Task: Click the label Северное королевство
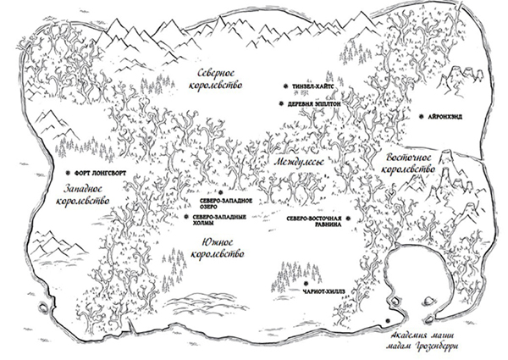[219, 79]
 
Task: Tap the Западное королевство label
[83, 195]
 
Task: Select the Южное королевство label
[218, 248]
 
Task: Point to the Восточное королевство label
[408, 163]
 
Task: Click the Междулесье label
[298, 162]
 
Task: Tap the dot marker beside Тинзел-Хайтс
[285, 86]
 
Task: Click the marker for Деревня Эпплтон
[281, 103]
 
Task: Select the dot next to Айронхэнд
[421, 117]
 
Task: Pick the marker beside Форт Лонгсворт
[68, 173]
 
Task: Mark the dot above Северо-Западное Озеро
[221, 192]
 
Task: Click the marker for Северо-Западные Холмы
[186, 217]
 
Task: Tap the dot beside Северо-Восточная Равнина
[348, 219]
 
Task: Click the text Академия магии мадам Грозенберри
[422, 341]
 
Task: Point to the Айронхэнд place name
[444, 117]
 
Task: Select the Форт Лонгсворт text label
[100, 174]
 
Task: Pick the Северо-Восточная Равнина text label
[314, 221]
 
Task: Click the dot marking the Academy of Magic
[388, 320]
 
